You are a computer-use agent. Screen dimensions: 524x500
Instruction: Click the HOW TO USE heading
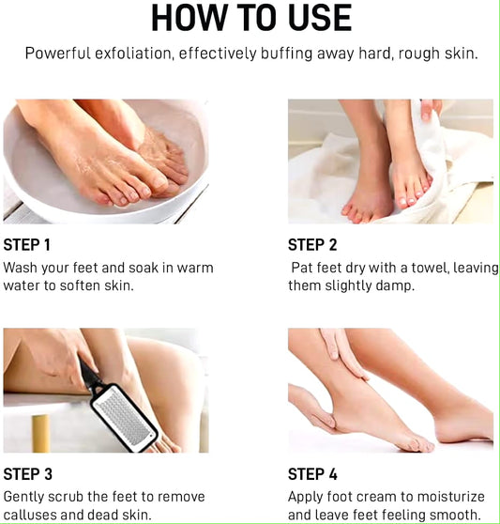pos(250,18)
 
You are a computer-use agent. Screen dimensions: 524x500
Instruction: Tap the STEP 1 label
pos(27,245)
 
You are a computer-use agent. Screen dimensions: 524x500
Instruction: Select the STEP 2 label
pos(312,245)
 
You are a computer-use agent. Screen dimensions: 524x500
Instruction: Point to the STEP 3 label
pos(27,474)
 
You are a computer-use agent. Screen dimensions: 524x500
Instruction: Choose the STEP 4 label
pos(312,474)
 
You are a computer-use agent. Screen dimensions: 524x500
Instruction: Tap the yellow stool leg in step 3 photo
pos(40,433)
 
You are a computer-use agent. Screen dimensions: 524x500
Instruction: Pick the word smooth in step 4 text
pos(455,514)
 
